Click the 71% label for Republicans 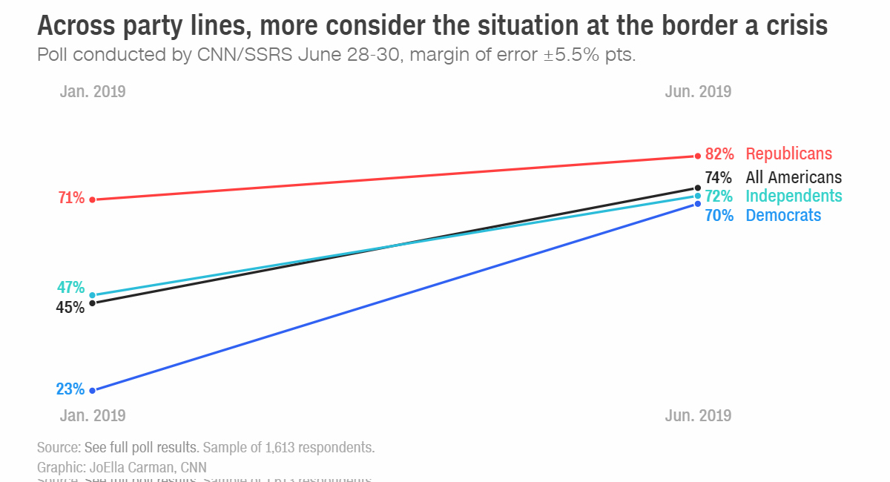coord(70,199)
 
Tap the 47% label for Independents coord(70,288)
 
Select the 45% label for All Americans coord(70,307)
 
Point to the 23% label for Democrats coord(70,389)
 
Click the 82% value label coord(719,154)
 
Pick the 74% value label coord(719,178)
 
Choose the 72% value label coord(719,197)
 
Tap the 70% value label coord(719,216)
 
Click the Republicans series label coord(789,154)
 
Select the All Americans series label coord(794,178)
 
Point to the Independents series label coord(794,197)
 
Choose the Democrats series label coord(783,216)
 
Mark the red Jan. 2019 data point coord(92,199)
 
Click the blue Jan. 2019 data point coord(92,390)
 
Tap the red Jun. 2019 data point coord(698,156)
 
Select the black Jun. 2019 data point coord(698,188)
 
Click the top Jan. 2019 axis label coord(93,92)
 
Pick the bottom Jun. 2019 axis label coord(698,415)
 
